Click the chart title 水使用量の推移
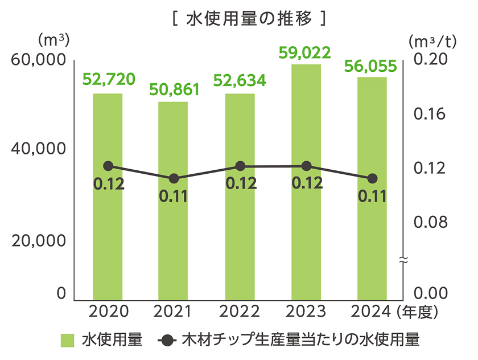pyautogui.click(x=248, y=19)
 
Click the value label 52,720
pyautogui.click(x=109, y=80)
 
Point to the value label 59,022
pyautogui.click(x=306, y=52)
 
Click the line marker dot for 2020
pyautogui.click(x=109, y=166)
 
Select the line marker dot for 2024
pyautogui.click(x=372, y=178)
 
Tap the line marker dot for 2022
pyautogui.click(x=240, y=166)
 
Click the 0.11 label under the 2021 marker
pyautogui.click(x=174, y=197)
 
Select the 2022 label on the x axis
pyautogui.click(x=240, y=312)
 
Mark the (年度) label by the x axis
pyautogui.click(x=417, y=312)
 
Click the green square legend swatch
pyautogui.click(x=68, y=341)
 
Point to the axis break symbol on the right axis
pyautogui.click(x=403, y=260)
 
